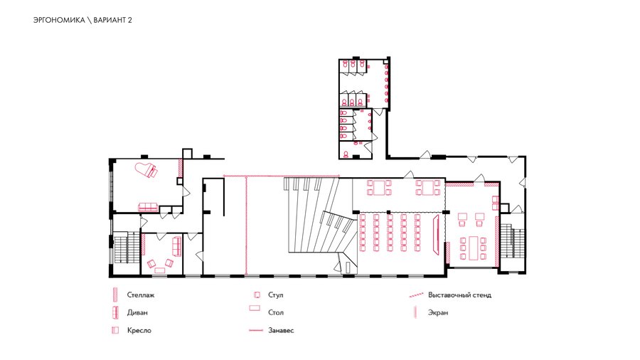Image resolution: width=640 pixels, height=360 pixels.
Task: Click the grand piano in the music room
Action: (146, 170)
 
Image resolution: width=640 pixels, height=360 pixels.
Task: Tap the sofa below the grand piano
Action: (148, 207)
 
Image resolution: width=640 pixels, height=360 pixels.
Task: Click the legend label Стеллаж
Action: (140, 295)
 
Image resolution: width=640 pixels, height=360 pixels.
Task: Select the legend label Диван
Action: (137, 312)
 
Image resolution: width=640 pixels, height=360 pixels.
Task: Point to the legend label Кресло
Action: (139, 330)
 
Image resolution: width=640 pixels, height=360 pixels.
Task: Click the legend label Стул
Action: (275, 295)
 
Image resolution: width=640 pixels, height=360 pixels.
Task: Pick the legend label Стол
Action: (276, 312)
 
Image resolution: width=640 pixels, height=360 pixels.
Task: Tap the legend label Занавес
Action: (281, 330)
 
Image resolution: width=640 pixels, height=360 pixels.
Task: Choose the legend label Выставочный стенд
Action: (459, 295)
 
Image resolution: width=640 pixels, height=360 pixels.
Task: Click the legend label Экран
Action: (438, 312)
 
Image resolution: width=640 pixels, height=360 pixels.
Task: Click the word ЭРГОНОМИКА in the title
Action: (59, 20)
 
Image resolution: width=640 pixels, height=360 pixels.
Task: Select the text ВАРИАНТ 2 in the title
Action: (112, 20)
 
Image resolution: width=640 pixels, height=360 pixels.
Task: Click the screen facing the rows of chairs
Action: (436, 234)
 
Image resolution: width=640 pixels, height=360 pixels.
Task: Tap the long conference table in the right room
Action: (473, 248)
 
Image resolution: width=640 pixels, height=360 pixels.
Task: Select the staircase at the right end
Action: (512, 240)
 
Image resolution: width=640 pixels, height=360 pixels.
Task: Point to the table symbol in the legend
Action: (255, 308)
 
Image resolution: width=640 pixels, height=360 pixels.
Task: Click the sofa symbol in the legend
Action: (115, 312)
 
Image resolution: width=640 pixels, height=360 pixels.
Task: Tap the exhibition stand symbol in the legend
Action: (416, 295)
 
